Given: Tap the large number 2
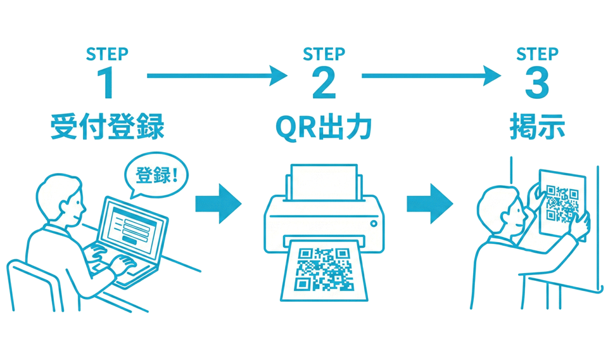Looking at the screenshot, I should click(x=324, y=83).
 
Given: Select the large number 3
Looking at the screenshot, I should click(x=536, y=83).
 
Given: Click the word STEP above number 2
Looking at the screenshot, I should click(x=324, y=55).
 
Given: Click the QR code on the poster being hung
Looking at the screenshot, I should click(x=561, y=204).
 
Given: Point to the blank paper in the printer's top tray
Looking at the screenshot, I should click(x=324, y=181).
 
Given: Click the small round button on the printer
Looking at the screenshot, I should click(x=374, y=223).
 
